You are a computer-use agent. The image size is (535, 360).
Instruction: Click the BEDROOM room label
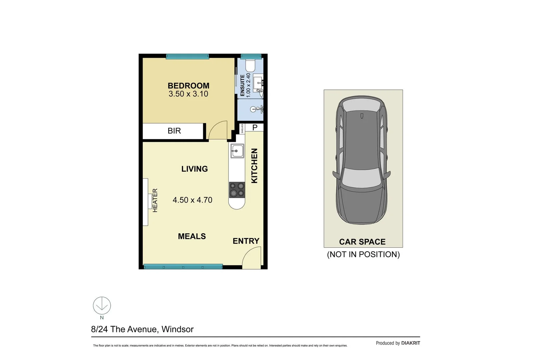click(188, 86)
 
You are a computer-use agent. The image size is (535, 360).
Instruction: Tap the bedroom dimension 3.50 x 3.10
click(188, 94)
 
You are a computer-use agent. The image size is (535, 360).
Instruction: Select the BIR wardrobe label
click(174, 131)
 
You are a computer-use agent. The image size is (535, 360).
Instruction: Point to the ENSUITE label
click(242, 86)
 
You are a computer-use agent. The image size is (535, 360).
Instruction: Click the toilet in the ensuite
click(250, 66)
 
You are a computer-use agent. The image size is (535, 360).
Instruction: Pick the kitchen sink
click(237, 151)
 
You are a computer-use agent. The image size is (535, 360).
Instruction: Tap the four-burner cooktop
click(237, 190)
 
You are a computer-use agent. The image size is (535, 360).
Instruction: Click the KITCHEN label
click(254, 166)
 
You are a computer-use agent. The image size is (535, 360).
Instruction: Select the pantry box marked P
click(255, 127)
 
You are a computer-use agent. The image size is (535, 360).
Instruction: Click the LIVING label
click(194, 169)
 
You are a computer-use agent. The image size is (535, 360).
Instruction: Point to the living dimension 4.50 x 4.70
click(192, 200)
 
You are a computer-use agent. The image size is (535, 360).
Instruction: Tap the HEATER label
click(155, 200)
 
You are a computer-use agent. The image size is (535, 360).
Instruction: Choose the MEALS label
click(192, 236)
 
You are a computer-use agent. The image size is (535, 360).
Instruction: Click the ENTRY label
click(246, 241)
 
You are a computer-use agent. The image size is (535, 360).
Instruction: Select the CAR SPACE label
click(362, 242)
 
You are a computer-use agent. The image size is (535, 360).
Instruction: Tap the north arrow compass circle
click(102, 305)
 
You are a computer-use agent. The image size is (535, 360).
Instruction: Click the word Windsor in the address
click(177, 329)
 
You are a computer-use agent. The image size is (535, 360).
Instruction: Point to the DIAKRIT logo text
click(410, 343)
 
